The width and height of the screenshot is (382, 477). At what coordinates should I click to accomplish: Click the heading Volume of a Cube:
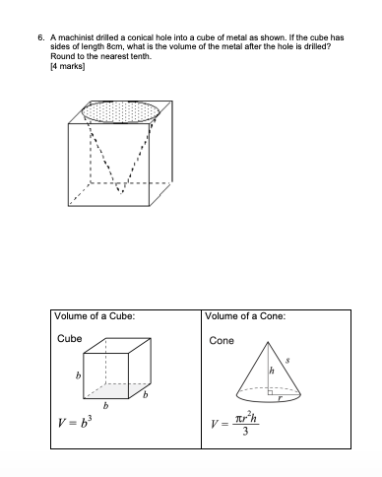pos(95,316)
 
